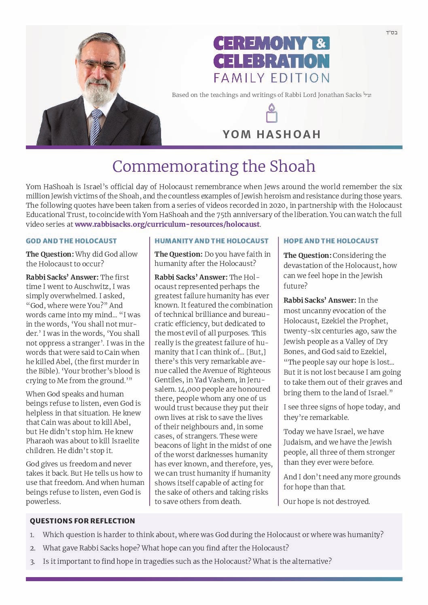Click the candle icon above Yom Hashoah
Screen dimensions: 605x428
(x=271, y=114)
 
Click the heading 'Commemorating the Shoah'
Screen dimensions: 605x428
(x=214, y=167)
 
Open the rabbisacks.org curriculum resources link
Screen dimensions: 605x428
(x=167, y=224)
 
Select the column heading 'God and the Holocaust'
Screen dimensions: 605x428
(x=71, y=241)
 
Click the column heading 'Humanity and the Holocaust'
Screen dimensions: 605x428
(x=211, y=241)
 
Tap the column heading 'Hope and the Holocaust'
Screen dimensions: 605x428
(x=331, y=241)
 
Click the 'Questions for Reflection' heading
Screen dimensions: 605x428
(x=83, y=521)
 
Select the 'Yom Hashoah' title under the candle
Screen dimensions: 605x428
(x=271, y=134)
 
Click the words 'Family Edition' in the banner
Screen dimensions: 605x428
(x=271, y=77)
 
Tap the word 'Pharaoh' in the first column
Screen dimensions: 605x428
(x=41, y=441)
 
